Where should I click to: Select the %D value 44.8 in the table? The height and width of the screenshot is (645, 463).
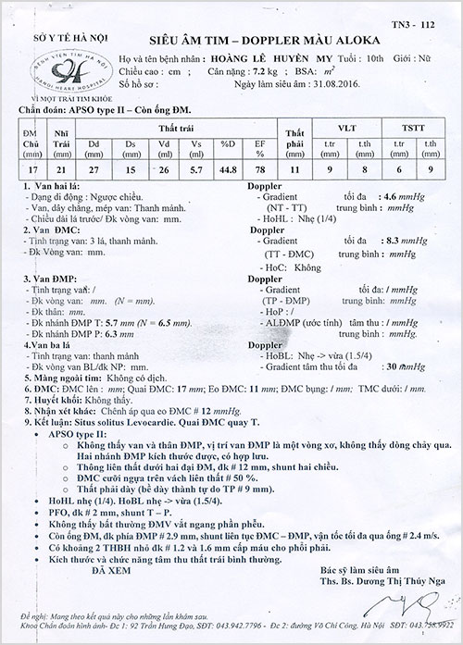tap(227, 167)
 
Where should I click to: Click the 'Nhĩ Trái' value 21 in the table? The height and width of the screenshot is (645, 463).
tap(62, 167)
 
